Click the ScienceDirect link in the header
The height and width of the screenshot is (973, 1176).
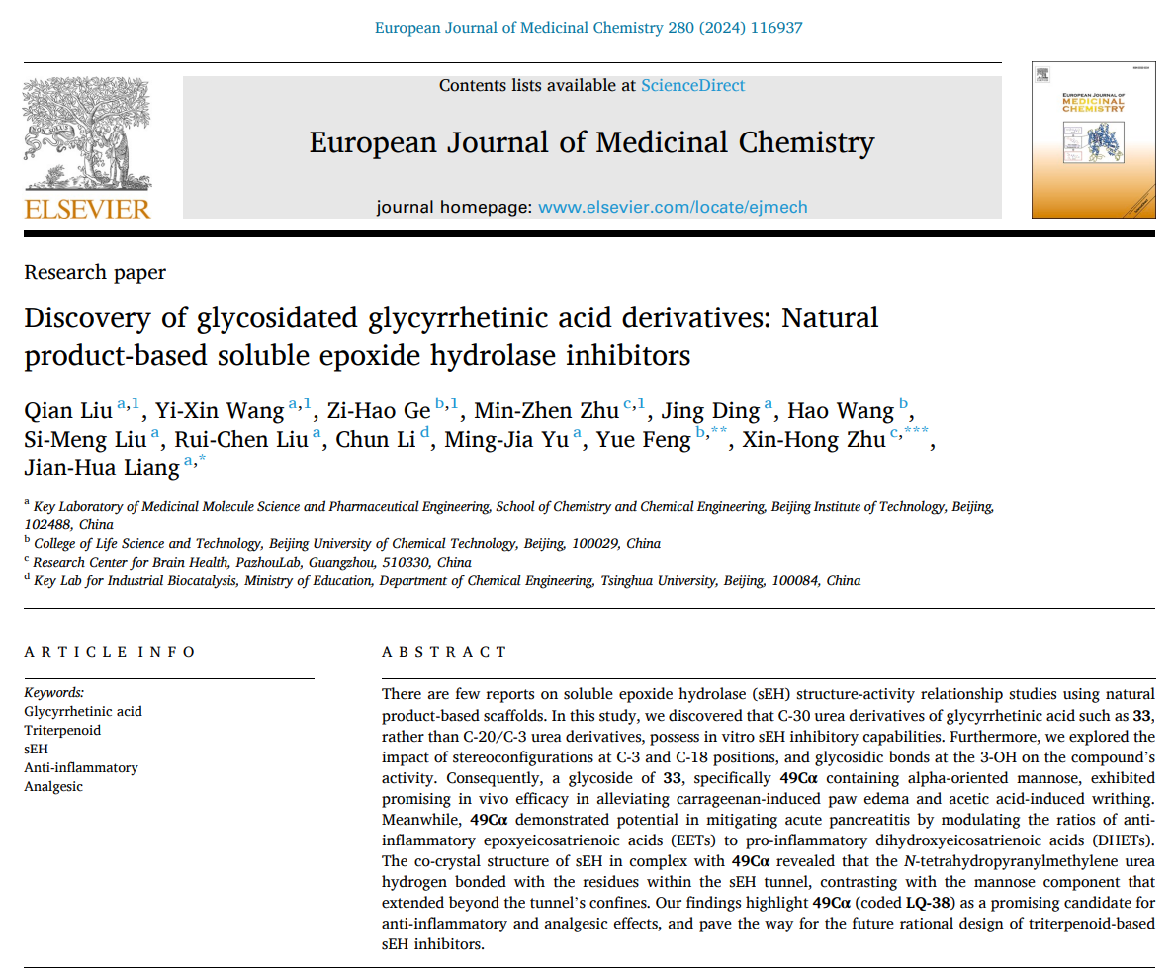tap(692, 85)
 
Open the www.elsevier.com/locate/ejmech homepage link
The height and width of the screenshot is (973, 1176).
tap(673, 207)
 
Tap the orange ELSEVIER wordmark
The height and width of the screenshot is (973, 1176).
tap(87, 208)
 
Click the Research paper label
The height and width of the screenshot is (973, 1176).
tap(95, 272)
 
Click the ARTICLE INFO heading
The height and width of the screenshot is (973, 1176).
tap(110, 651)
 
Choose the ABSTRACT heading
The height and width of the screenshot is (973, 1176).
tap(444, 651)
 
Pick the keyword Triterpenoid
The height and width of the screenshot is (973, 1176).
tap(62, 730)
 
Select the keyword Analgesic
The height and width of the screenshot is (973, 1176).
tap(53, 786)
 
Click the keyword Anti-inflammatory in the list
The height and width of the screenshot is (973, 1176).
tap(81, 767)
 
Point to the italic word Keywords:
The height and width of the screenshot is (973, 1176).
tap(54, 692)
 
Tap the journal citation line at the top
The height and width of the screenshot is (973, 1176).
tap(588, 28)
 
